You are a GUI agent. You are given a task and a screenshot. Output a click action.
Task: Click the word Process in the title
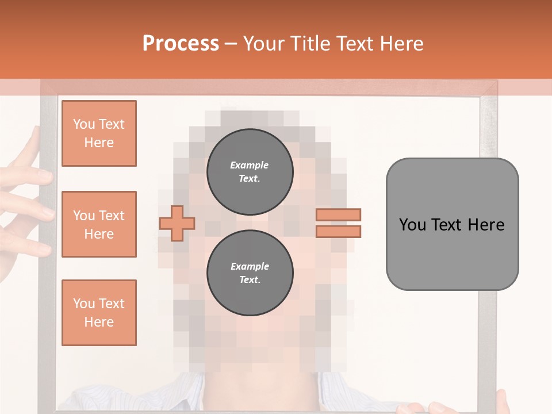(x=181, y=43)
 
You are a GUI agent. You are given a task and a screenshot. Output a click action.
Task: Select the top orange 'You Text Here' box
(x=99, y=133)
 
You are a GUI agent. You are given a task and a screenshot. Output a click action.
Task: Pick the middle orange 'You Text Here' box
(x=99, y=224)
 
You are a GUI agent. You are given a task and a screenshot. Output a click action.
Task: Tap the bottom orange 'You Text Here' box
(x=99, y=313)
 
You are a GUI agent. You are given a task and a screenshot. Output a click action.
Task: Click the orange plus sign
(x=177, y=223)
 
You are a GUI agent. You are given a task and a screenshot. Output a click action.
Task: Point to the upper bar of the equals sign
(x=339, y=214)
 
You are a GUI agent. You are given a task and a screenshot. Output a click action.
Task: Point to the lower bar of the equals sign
(x=339, y=231)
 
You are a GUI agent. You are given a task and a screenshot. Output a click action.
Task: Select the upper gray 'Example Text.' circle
(x=250, y=171)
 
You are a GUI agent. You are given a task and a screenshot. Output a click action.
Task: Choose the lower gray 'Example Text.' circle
(x=250, y=273)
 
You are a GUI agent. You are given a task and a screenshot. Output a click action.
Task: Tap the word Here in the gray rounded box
(x=486, y=224)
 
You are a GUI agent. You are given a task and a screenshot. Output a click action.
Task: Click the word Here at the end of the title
(x=401, y=43)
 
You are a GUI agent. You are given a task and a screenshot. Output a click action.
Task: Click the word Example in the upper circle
(x=250, y=165)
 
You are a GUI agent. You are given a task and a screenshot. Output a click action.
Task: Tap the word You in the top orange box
(x=84, y=124)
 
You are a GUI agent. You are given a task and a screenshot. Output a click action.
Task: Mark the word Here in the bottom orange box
(x=99, y=322)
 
